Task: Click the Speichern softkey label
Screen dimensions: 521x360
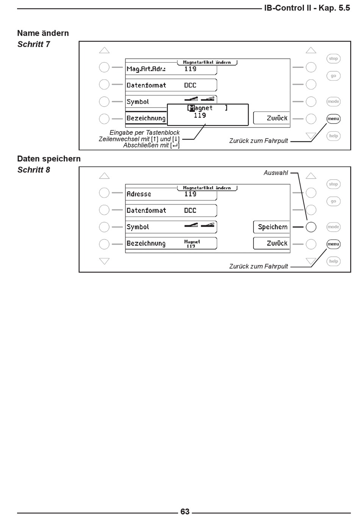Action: (272, 227)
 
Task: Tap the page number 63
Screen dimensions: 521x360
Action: (185, 512)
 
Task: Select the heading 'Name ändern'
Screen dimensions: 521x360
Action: (43, 33)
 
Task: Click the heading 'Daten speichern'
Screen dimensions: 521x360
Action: (49, 158)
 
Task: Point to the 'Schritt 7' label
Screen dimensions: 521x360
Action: (34, 44)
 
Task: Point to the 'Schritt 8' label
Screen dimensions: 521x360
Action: (34, 169)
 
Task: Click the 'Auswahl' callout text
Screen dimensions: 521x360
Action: (275, 173)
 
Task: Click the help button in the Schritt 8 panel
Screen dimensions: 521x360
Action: (333, 261)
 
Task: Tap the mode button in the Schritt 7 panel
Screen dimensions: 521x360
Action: (333, 102)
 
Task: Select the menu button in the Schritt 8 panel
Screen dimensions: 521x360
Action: (333, 244)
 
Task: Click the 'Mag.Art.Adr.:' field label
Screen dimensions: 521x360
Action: (146, 69)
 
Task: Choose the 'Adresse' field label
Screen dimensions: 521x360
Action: (139, 194)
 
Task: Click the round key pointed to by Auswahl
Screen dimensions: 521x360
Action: (311, 227)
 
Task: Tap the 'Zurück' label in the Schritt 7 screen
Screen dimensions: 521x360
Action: (277, 118)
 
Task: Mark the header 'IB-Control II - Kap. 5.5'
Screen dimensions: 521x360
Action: (307, 8)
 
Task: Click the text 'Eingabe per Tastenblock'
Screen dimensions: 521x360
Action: (144, 132)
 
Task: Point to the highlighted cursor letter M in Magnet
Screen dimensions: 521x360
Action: (192, 108)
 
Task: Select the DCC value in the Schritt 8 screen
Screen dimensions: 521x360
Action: (190, 210)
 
